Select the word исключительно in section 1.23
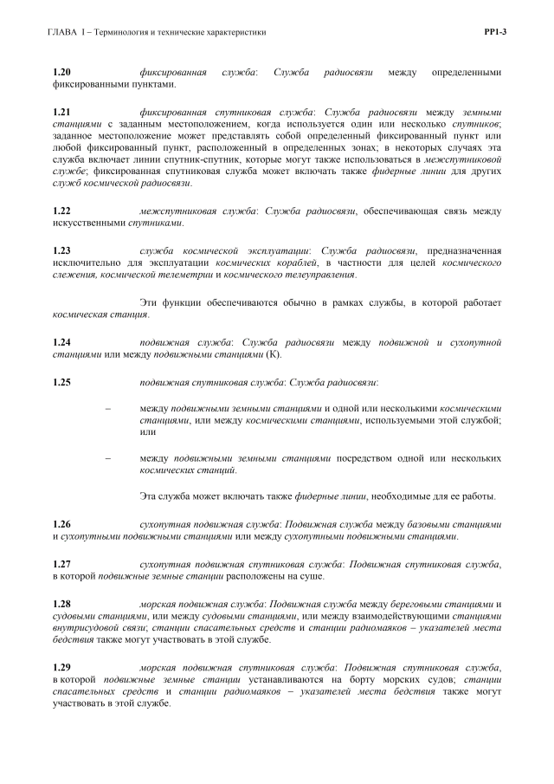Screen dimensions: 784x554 (x=88, y=263)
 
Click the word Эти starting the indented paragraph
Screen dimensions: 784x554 (x=148, y=302)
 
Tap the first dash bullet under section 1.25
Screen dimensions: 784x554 (x=107, y=408)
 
